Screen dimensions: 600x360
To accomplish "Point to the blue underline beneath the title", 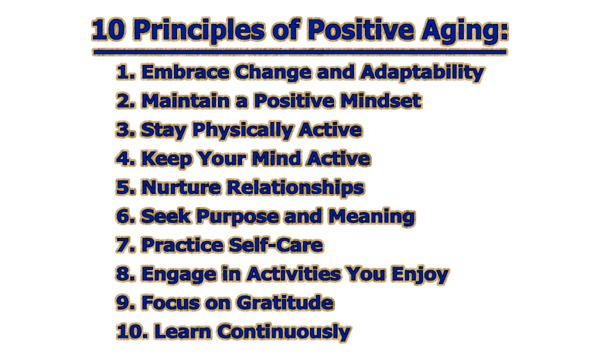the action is (x=299, y=52).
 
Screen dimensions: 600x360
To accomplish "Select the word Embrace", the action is (x=185, y=72).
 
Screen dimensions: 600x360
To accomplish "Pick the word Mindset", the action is (x=381, y=101).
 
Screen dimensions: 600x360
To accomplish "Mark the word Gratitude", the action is (x=285, y=303).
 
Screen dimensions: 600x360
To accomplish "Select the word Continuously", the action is (x=284, y=332).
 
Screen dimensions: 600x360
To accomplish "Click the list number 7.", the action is (x=125, y=245).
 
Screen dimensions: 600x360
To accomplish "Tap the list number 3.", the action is (x=125, y=130).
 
